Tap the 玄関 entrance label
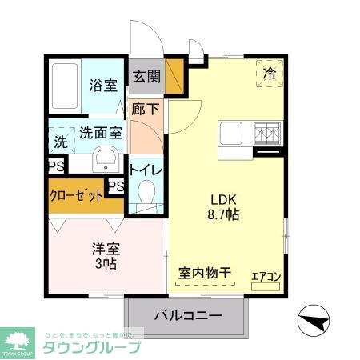tap(146, 78)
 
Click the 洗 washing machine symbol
tap(61, 143)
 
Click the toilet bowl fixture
tap(146, 193)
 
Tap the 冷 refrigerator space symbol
tap(268, 74)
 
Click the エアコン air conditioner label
tap(266, 277)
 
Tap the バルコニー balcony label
tap(187, 315)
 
